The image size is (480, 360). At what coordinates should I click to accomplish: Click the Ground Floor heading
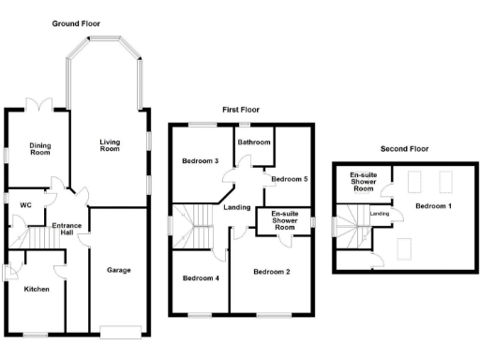(77, 23)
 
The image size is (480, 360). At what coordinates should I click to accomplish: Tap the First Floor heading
(240, 110)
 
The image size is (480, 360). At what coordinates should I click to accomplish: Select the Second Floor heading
(404, 148)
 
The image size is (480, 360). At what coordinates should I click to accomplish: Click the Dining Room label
(39, 150)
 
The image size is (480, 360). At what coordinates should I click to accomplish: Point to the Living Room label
(111, 145)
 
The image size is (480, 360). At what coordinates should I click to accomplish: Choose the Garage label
(118, 270)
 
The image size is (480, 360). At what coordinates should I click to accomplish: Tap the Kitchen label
(37, 289)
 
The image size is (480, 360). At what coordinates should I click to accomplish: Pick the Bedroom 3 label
(200, 161)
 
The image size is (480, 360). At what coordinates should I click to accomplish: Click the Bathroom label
(253, 142)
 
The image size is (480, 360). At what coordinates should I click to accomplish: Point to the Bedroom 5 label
(289, 178)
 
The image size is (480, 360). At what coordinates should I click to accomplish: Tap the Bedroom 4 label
(201, 277)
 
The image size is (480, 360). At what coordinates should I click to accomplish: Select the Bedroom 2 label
(271, 272)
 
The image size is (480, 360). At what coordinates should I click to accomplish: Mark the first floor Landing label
(237, 207)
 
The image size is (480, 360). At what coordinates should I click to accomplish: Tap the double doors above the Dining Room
(39, 104)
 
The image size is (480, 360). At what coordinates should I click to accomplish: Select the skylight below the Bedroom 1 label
(408, 247)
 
